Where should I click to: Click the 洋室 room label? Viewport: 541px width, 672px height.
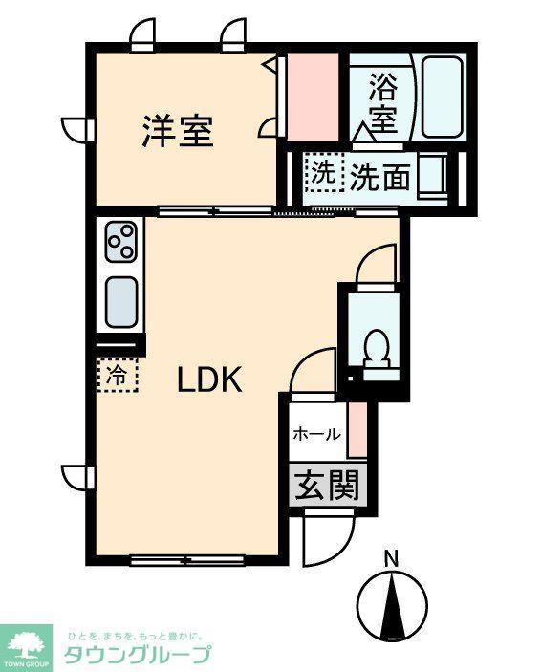click(x=178, y=131)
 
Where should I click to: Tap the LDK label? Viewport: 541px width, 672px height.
click(x=209, y=380)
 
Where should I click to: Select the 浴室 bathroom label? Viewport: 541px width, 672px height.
click(x=383, y=103)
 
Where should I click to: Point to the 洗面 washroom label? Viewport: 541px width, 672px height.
click(x=379, y=176)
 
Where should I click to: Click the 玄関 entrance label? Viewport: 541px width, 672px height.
click(x=328, y=486)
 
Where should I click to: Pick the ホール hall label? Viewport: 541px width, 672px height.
click(x=316, y=435)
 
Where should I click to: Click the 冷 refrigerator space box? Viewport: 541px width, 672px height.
click(x=118, y=375)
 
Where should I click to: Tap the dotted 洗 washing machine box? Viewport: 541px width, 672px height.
click(x=324, y=172)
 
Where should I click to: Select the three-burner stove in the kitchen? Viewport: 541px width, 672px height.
click(x=121, y=242)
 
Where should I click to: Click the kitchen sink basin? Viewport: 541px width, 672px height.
click(x=121, y=302)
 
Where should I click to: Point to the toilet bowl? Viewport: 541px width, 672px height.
click(x=377, y=349)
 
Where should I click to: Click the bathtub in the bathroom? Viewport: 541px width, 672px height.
click(x=442, y=97)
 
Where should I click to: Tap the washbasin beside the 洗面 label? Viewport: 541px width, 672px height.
click(x=432, y=176)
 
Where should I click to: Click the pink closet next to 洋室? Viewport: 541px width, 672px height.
click(x=313, y=97)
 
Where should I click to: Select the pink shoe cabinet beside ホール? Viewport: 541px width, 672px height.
click(x=357, y=429)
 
